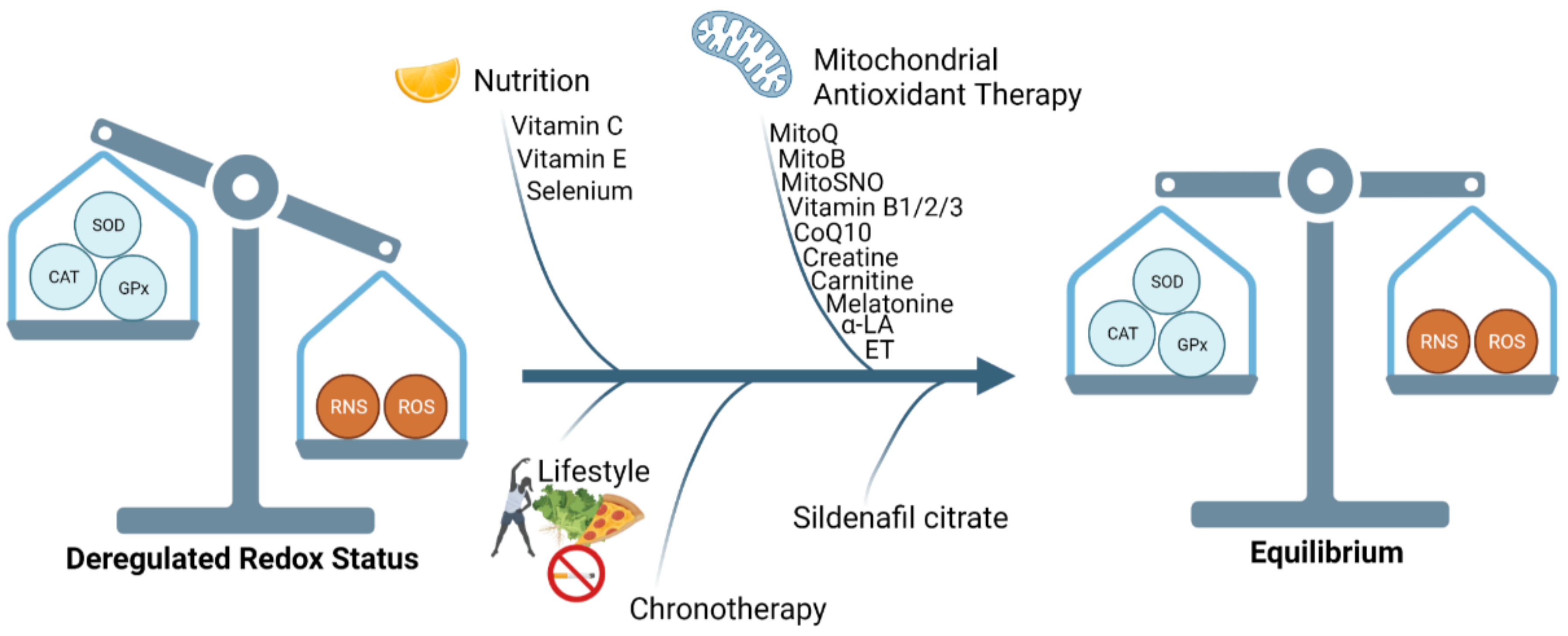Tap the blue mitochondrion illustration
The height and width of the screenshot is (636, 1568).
742,54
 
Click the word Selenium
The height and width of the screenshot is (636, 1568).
579,191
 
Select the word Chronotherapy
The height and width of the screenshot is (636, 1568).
727,608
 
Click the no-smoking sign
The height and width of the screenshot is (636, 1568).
575,573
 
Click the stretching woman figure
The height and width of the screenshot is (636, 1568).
514,508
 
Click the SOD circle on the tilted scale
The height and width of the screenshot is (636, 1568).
108,225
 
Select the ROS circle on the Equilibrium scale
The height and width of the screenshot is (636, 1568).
1506,341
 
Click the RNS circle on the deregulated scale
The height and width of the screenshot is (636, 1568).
348,407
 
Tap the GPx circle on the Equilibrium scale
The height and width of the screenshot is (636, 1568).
1191,345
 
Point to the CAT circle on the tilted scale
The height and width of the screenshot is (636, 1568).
63,277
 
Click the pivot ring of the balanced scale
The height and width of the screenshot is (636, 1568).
1320,181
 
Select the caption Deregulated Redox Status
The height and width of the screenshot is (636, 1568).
242,559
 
